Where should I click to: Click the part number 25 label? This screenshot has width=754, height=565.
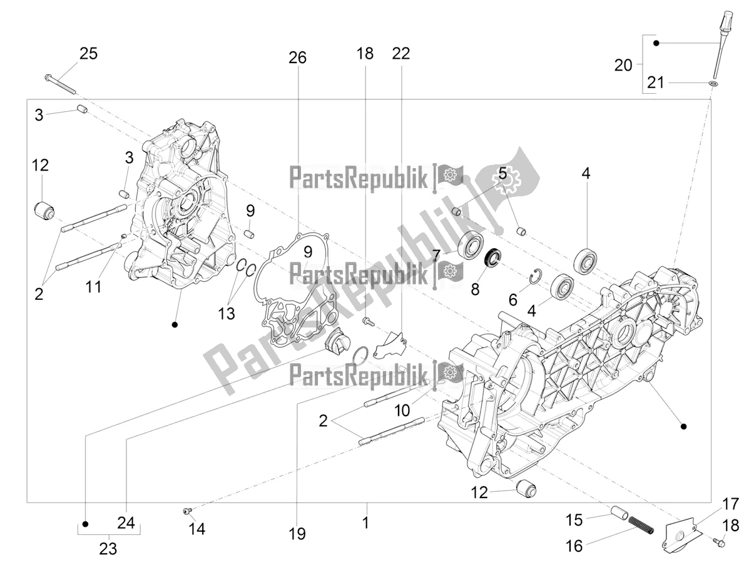[x=88, y=54]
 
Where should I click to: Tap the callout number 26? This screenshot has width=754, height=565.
[x=297, y=58]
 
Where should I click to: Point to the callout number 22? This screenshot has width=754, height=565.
[x=400, y=54]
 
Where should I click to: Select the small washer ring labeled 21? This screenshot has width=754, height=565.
[x=713, y=82]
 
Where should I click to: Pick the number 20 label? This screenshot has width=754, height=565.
[x=623, y=65]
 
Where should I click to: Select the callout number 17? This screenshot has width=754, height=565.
[x=730, y=504]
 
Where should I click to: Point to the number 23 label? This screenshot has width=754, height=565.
[x=108, y=549]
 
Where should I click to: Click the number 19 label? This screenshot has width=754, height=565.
[x=297, y=534]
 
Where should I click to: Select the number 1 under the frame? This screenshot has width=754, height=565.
[x=366, y=522]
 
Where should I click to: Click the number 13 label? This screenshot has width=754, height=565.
[x=227, y=313]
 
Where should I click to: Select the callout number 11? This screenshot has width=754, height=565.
[x=94, y=287]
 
